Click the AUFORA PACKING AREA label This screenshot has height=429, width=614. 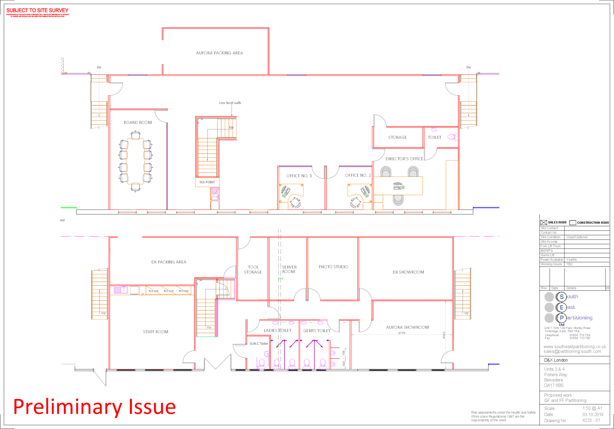pos(219,53)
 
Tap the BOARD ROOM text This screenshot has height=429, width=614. pos(138,122)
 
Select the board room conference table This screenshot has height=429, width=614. pos(136,161)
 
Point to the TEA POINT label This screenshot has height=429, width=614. pos(207,182)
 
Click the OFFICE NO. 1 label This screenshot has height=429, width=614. pos(299,176)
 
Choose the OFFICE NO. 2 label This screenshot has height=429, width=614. pos(358,175)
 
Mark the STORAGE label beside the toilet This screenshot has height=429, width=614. pos(398,137)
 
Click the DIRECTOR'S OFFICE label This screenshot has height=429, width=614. pos(404,159)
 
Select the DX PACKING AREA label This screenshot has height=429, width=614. pos(169,262)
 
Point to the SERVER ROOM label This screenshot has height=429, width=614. pos(289,269)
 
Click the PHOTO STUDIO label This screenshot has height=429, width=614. pos(333,267)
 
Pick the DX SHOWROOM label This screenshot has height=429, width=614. pos(408,272)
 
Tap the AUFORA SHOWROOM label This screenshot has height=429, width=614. pos(407,327)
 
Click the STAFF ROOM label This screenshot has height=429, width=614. pos(155,332)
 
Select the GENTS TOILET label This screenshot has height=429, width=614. pos(317,331)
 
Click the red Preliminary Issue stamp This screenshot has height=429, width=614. pos(94,407)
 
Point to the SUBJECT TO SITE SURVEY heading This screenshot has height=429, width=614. pos(37,11)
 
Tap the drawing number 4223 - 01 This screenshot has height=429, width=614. pos(591,421)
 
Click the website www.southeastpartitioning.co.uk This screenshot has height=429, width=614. pos(575,347)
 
